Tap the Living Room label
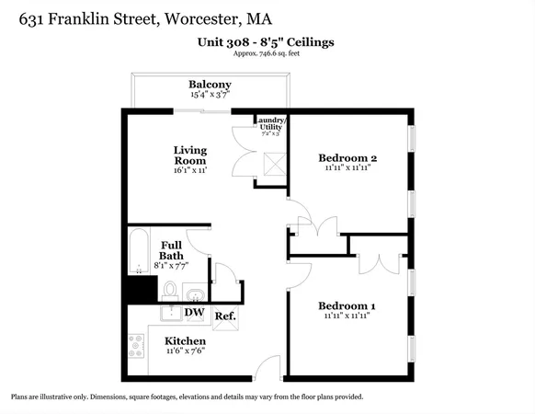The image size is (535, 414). (x=190, y=155)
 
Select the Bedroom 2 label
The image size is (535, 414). (x=347, y=157)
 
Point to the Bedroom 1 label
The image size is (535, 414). (x=347, y=305)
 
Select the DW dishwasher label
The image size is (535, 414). (x=194, y=313)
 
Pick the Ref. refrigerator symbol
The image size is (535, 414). (x=225, y=316)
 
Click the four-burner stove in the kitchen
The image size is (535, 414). (x=135, y=346)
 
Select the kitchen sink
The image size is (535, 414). (x=171, y=313)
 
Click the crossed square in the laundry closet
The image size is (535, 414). (x=272, y=165)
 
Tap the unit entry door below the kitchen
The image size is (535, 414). (x=267, y=368)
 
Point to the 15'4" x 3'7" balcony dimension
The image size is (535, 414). (x=210, y=94)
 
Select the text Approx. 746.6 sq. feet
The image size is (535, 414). (x=266, y=54)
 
